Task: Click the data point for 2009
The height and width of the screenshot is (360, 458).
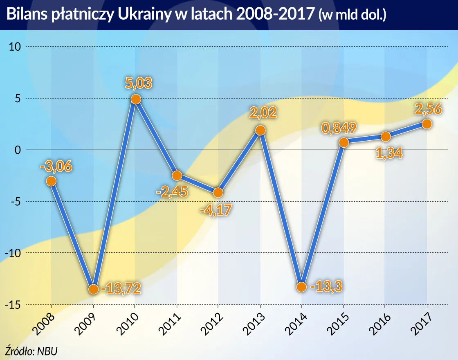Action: click(93, 289)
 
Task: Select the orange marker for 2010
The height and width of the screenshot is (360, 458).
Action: click(136, 99)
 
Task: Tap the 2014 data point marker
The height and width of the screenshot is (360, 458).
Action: click(301, 287)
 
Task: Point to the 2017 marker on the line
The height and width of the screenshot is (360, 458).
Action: click(427, 124)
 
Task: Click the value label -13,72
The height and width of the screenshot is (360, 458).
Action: click(121, 288)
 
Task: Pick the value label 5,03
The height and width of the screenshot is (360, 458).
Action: click(139, 83)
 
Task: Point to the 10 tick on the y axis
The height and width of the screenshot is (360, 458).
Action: click(15, 47)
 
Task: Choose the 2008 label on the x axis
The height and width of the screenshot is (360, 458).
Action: click(44, 321)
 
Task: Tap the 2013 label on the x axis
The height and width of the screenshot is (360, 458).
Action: click(252, 321)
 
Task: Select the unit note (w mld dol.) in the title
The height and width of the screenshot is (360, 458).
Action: click(352, 16)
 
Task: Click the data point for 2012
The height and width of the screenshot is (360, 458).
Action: click(218, 192)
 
